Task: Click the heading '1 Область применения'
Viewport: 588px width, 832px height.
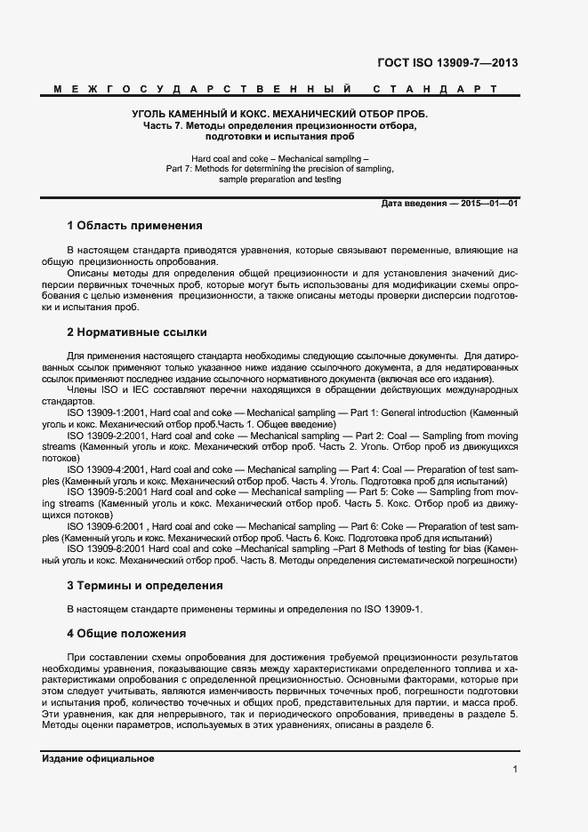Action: pos(134,226)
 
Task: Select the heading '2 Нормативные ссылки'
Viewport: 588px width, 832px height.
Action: pos(137,332)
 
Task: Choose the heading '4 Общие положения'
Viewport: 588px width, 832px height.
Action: pos(126,634)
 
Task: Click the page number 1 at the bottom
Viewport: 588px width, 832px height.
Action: pos(515,770)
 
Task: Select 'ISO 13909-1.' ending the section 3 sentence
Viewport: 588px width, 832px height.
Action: pos(395,609)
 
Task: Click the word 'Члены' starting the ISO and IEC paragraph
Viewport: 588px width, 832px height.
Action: pos(83,389)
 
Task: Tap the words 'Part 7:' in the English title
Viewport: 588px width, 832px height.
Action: pos(181,167)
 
